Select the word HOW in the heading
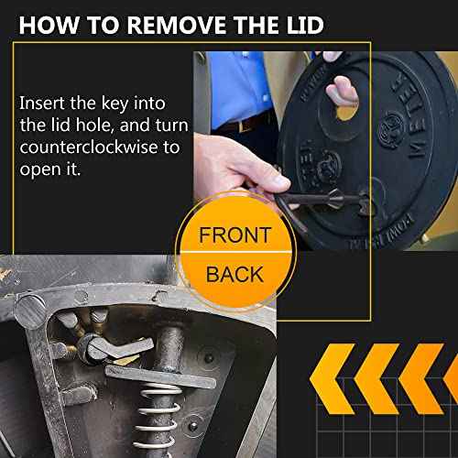pyautogui.click(x=47, y=23)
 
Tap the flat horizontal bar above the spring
pyautogui.click(x=160, y=373)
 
